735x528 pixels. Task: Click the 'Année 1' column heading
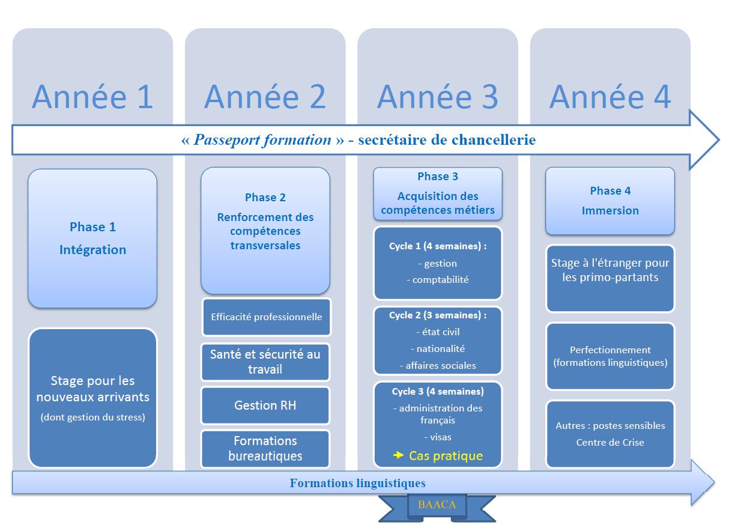[x=92, y=97]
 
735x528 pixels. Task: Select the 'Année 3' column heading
[x=438, y=97]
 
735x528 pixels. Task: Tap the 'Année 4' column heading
[x=610, y=97]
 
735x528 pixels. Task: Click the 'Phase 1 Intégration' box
[x=92, y=238]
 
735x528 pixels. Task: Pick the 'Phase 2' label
[x=265, y=198]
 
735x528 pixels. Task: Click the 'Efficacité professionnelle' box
[x=266, y=317]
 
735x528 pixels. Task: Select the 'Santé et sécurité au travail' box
[x=265, y=362]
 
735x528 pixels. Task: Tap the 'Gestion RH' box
[x=265, y=405]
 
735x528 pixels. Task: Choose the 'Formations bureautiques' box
[x=265, y=449]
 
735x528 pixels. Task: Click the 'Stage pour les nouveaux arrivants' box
[x=92, y=397]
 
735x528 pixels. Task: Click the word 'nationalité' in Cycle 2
[x=438, y=348]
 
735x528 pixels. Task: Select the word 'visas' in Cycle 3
[x=438, y=437]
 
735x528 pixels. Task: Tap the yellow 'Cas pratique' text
[x=446, y=456]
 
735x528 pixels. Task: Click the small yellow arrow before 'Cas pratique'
[x=398, y=456]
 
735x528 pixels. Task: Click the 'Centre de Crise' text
[x=610, y=443]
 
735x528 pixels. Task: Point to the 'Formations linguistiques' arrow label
[x=357, y=484]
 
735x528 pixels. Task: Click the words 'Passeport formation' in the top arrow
[x=262, y=141]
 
